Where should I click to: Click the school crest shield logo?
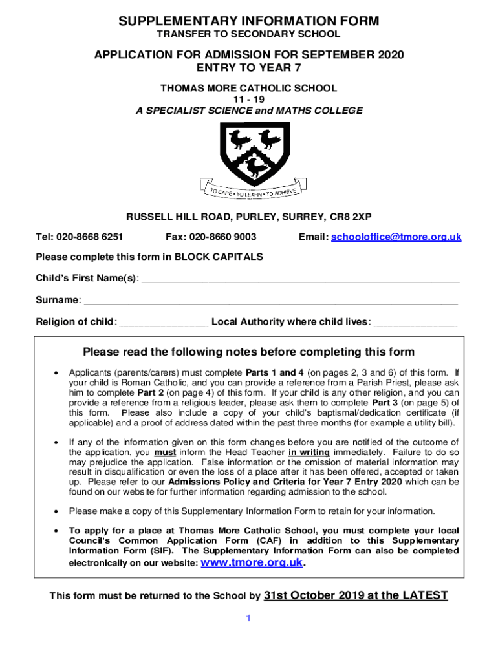click(x=249, y=153)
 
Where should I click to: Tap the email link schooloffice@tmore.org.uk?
click(x=396, y=237)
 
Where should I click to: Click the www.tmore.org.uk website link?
click(x=252, y=562)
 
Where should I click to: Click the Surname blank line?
click(x=271, y=301)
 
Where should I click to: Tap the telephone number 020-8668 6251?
click(x=89, y=237)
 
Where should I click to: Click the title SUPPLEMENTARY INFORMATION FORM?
click(x=249, y=21)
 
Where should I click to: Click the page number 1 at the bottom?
click(x=247, y=619)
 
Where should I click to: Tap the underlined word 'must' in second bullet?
click(x=166, y=452)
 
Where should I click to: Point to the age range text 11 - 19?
click(x=249, y=99)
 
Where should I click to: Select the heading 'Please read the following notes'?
click(x=249, y=352)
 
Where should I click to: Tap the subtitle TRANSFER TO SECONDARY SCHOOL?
click(x=249, y=34)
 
